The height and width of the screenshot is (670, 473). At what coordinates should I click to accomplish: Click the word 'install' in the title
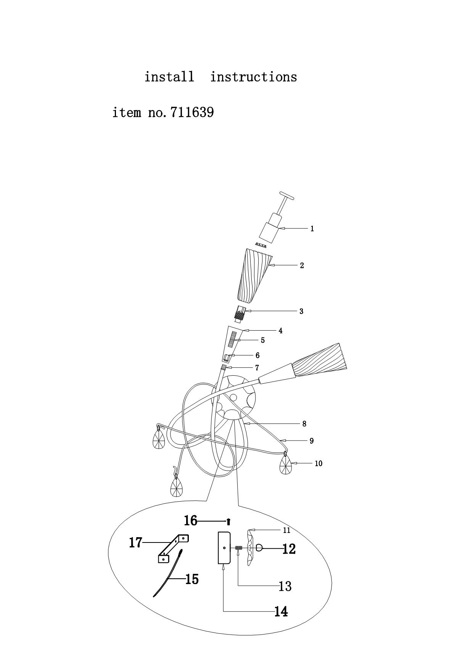169,77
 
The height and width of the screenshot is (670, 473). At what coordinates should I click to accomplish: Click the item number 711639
192,113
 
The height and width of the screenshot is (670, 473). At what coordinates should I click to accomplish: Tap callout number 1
312,229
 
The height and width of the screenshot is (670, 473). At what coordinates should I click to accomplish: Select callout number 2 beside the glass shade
302,265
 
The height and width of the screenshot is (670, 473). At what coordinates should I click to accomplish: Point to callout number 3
301,311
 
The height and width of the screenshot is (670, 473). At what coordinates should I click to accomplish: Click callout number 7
257,368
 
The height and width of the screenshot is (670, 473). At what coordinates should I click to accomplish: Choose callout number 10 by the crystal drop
319,463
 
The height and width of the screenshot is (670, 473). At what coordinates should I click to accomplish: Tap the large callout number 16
190,520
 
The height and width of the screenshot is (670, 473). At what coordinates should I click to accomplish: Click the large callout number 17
135,542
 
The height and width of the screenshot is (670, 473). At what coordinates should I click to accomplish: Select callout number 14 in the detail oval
281,612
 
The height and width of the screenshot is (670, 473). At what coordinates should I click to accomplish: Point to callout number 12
289,549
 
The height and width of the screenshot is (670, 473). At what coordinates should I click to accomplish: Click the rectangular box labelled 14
224,548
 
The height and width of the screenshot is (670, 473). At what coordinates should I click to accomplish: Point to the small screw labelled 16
228,521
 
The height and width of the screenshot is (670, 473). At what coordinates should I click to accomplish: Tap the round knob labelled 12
259,548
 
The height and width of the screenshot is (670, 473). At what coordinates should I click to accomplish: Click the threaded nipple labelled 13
239,548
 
